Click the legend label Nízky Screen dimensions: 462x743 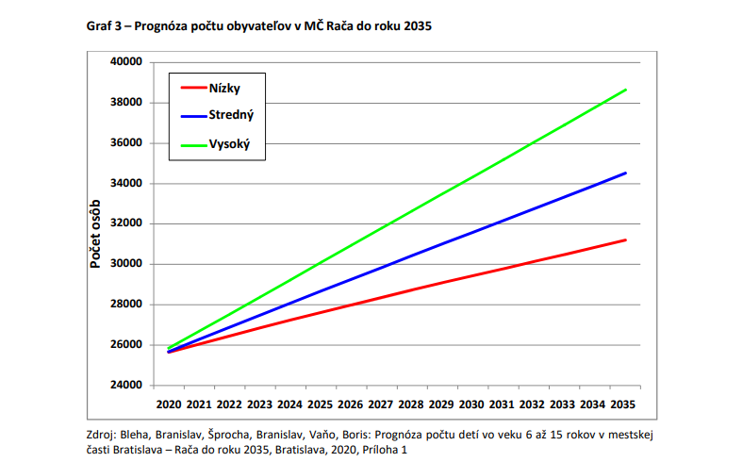(x=224, y=88)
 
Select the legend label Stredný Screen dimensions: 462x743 (x=230, y=115)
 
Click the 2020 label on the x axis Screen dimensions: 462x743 (x=169, y=404)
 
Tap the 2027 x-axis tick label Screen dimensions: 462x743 (x=382, y=404)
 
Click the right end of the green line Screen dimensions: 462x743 (x=625, y=90)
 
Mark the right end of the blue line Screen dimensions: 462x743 (x=625, y=173)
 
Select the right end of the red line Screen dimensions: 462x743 (x=625, y=239)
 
